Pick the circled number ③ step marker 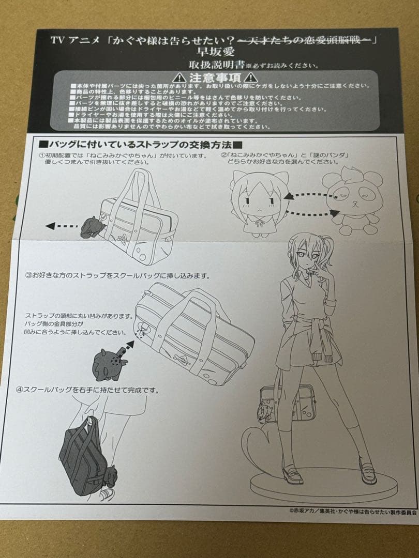[29, 275]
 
